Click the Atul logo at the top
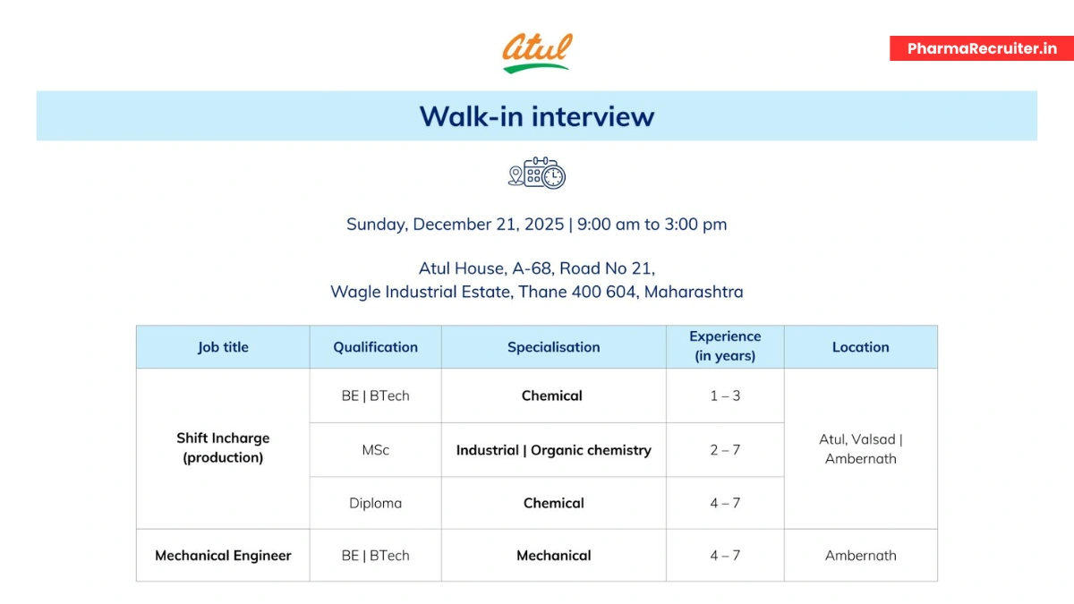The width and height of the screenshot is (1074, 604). pos(537,53)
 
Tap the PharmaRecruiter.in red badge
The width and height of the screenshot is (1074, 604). pos(982,48)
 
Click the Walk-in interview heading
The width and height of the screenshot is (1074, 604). pos(537,116)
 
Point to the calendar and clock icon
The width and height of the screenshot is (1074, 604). pos(537,173)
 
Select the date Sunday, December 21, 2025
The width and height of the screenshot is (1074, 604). pos(455,225)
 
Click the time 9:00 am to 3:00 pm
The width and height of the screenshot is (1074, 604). pos(652,225)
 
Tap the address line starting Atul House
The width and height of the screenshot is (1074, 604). pos(537,268)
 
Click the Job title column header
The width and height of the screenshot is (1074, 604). pos(223,347)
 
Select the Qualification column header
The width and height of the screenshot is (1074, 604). pos(375,347)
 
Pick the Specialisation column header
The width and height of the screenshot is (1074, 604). pos(553,347)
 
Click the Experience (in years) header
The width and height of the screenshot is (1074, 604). pos(725,346)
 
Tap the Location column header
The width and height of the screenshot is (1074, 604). pos(860,347)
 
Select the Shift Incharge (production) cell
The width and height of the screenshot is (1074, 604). pos(223,447)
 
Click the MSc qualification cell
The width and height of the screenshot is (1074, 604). pos(375,450)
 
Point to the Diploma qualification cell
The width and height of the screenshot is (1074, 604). pos(375,503)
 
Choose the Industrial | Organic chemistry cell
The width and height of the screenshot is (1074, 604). pos(553,450)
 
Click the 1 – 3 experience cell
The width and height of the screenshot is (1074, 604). pos(725,396)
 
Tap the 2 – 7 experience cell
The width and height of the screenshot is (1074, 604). pos(725,450)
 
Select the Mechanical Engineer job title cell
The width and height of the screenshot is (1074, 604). pos(223,556)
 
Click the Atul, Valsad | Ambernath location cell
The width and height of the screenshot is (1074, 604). pos(860,449)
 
